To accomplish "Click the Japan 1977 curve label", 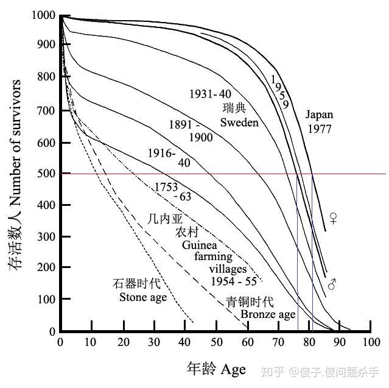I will (x=320, y=121).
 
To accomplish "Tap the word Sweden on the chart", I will (x=239, y=122).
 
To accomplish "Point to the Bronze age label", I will (x=267, y=314).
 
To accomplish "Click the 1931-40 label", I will (x=210, y=94).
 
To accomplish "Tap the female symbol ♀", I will (x=333, y=217).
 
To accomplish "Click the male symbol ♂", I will (x=332, y=284).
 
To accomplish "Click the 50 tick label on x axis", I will (x=216, y=343).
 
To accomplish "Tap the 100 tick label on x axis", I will (x=370, y=343).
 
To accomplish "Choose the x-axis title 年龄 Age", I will (x=216, y=369).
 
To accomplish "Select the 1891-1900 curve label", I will (x=192, y=131).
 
